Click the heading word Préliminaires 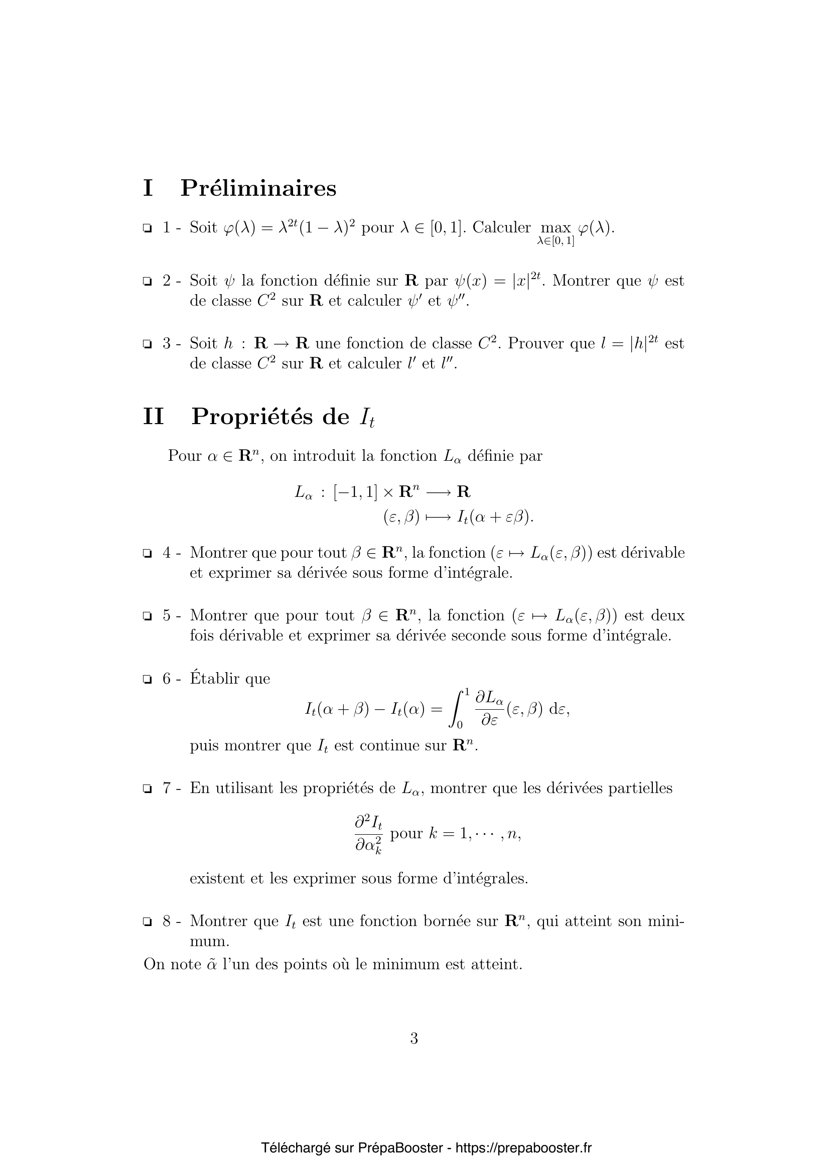click(x=258, y=188)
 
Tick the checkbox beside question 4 click(x=147, y=553)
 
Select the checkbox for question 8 click(x=147, y=922)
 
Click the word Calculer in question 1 click(x=501, y=227)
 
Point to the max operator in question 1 click(x=556, y=228)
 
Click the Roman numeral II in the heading click(x=154, y=417)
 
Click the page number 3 click(x=414, y=1038)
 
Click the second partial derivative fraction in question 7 click(x=368, y=835)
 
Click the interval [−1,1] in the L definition click(x=355, y=492)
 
